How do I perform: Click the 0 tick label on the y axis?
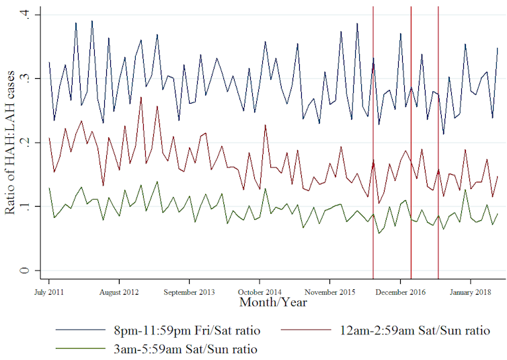click(26, 271)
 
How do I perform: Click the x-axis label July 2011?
click(49, 292)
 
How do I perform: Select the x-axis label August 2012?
click(119, 292)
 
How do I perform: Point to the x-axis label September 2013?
click(190, 292)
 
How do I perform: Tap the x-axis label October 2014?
click(260, 292)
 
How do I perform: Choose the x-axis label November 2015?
click(330, 292)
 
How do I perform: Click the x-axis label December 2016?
click(401, 292)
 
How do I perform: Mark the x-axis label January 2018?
click(471, 292)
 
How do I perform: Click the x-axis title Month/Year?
click(273, 303)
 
